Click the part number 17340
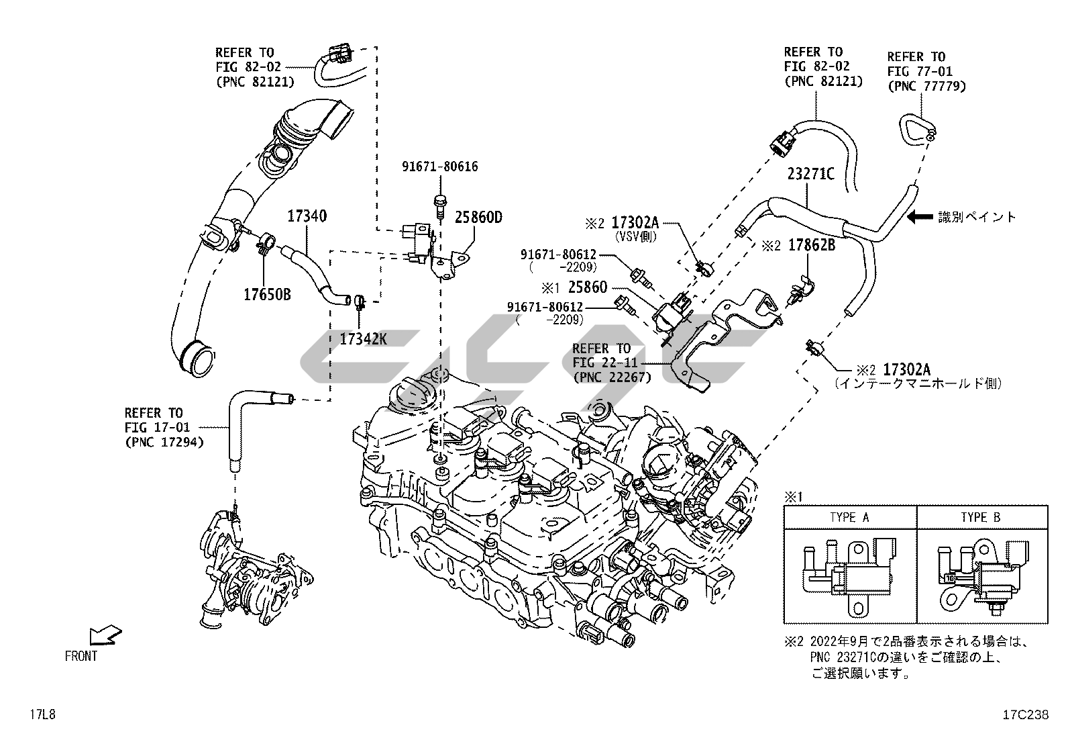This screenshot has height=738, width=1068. [x=307, y=216]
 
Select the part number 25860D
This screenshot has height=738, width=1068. [x=478, y=217]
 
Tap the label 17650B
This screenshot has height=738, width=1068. [x=267, y=295]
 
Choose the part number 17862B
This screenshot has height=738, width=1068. [x=811, y=246]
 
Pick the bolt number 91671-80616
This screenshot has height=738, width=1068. [x=440, y=167]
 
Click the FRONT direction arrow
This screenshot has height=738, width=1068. [x=105, y=635]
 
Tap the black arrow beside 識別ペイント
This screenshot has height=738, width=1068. [x=920, y=216]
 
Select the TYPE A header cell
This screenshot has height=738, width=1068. [x=849, y=517]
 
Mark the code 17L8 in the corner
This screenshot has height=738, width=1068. [x=42, y=714]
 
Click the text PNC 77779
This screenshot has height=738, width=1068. [x=926, y=86]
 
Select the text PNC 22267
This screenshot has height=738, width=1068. [x=612, y=377]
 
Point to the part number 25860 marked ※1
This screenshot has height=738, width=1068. [x=587, y=287]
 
